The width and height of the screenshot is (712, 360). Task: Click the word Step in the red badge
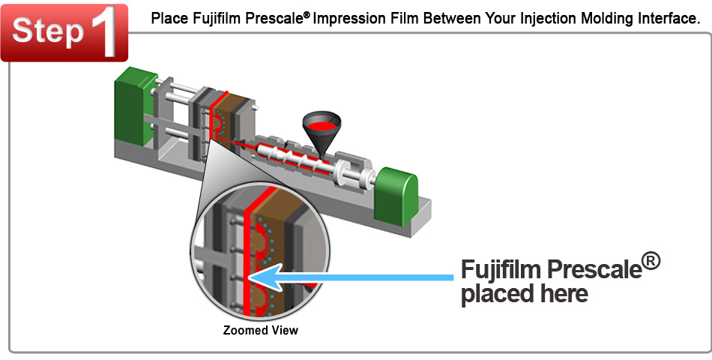(48, 31)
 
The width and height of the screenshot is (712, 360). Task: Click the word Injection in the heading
(525, 19)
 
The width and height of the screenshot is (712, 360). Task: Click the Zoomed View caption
(261, 331)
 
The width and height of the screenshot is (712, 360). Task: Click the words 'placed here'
(525, 295)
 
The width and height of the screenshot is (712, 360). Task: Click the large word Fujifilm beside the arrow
(501, 270)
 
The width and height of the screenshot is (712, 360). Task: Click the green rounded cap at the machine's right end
(397, 196)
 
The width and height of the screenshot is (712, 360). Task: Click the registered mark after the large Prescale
(651, 262)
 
